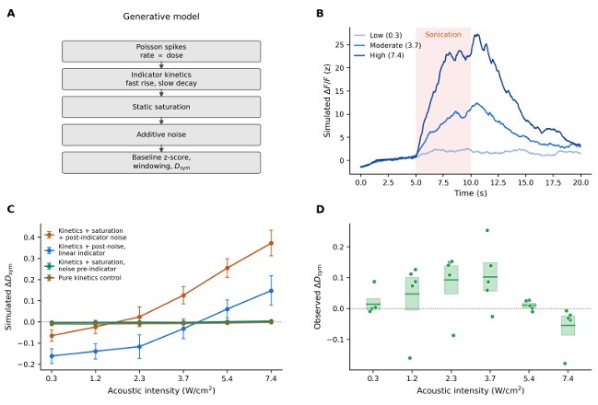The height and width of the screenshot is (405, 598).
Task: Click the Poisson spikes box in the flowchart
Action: [x=161, y=52]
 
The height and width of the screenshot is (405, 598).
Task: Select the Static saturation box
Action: [x=161, y=107]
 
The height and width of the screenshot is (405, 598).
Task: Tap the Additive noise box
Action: [x=161, y=134]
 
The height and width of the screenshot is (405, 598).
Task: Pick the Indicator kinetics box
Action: [x=161, y=79]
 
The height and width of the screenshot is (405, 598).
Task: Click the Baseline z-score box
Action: [x=161, y=163]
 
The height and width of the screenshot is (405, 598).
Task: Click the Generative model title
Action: [x=161, y=17]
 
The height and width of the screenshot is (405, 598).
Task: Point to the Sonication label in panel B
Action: [x=443, y=35]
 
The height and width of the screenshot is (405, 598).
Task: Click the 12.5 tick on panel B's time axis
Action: [x=498, y=183]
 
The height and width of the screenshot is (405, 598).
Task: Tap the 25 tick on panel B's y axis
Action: [x=339, y=44]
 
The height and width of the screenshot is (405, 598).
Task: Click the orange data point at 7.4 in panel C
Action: [x=271, y=243]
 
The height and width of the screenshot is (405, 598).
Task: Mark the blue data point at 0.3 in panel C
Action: [x=52, y=356]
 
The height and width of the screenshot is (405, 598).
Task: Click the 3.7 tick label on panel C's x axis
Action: [x=183, y=378]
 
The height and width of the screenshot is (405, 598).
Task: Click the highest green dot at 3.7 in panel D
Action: [x=487, y=230]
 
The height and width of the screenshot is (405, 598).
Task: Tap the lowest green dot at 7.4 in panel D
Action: [x=565, y=364]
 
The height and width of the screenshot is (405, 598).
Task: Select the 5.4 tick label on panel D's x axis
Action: [x=529, y=378]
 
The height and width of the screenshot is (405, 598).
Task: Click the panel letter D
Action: [x=320, y=209]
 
